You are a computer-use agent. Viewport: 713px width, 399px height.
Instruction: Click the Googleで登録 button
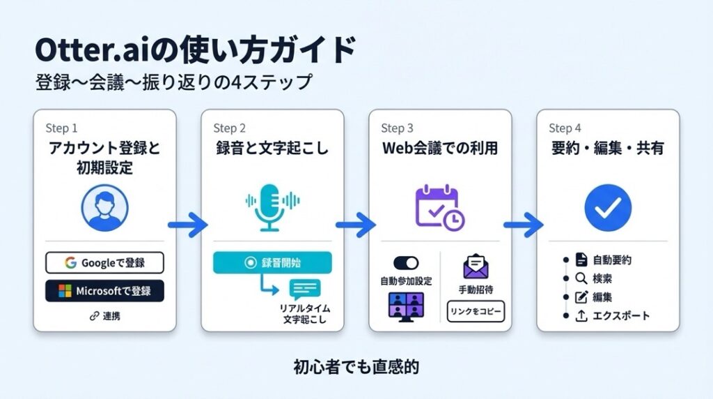click(104, 263)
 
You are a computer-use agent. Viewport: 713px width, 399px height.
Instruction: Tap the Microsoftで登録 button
click(104, 291)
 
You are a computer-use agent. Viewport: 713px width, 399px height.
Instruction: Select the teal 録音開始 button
click(272, 263)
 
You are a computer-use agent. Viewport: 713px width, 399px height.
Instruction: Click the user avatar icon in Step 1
click(104, 207)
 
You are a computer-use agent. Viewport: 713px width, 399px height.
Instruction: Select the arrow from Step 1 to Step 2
click(188, 225)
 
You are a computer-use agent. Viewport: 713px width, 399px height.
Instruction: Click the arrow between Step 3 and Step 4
click(523, 225)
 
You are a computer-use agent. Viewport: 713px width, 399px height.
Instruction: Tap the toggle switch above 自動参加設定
click(406, 263)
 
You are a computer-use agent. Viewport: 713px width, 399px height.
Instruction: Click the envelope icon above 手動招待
click(476, 266)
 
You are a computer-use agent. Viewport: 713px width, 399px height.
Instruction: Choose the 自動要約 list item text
click(612, 261)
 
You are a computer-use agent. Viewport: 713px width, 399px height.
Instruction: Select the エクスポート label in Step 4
click(621, 316)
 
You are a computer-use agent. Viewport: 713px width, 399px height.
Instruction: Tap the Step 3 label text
click(397, 128)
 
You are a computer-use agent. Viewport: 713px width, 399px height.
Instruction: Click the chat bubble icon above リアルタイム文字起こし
click(306, 289)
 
